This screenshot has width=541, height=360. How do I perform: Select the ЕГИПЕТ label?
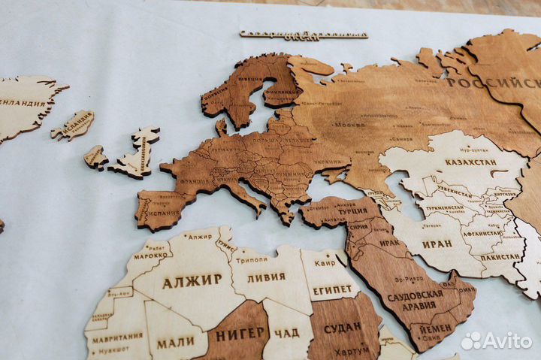pos(332,290)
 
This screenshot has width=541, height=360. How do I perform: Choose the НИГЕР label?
pos(240,332)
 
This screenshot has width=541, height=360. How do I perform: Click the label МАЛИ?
pos(176,343)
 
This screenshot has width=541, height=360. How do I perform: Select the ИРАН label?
pos(437,244)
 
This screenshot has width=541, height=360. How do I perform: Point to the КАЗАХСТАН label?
pos(470,162)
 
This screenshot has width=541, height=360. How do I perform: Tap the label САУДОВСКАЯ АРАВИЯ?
pos(416,300)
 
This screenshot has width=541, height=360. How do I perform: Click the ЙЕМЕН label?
pos(435,328)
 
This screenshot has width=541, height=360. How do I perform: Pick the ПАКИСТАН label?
pos(500,256)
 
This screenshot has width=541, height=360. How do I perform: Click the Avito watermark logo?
pos(496,340)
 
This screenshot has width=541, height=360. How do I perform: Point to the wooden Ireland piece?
pos(95,157)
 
